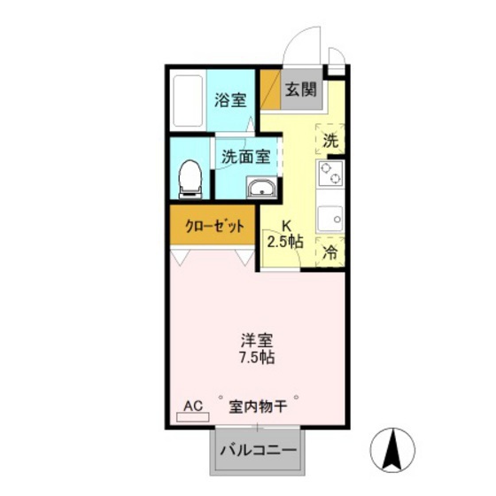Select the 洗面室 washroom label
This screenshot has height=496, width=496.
245,158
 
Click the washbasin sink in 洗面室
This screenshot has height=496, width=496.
260,188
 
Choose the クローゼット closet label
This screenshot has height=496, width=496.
213,226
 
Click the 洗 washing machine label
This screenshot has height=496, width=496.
329,139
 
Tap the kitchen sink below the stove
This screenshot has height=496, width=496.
331,217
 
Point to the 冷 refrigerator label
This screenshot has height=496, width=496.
329,252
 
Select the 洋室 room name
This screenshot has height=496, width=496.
256,339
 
